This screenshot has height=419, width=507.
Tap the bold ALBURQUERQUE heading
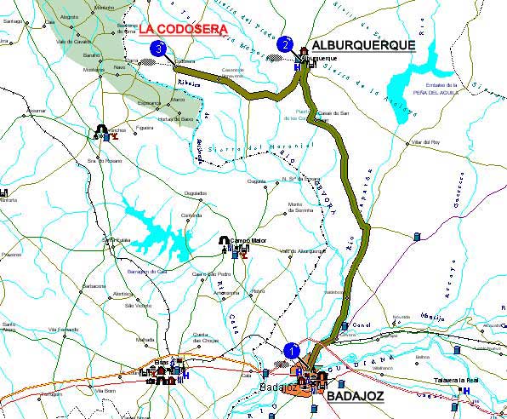point(363,45)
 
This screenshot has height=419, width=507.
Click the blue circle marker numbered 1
point(292,349)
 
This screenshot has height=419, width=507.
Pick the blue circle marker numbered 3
point(157,49)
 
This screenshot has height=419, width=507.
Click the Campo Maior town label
point(248,241)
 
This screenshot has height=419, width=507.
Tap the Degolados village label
point(196,193)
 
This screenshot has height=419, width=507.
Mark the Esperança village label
point(149,102)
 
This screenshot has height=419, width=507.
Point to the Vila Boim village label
point(105,390)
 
